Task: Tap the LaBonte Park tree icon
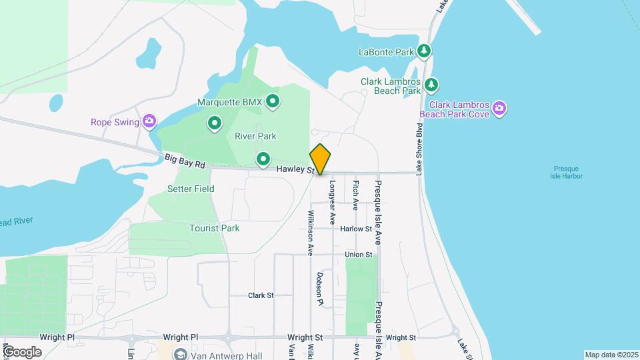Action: point(424,51)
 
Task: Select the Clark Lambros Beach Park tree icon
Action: point(432,85)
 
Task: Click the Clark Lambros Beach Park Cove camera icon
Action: point(500,108)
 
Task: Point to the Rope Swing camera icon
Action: point(149,121)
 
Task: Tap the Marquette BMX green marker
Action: point(272,102)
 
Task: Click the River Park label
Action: point(255,136)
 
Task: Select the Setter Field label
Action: point(191,189)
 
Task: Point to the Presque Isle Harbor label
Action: point(567,172)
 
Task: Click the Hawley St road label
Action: point(295,171)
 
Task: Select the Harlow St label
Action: point(355,229)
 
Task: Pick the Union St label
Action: point(359,255)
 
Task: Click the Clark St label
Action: point(261,295)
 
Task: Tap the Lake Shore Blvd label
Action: point(420,148)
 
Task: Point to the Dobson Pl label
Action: point(320,288)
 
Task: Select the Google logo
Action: point(22,352)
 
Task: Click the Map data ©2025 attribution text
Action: point(611,355)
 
